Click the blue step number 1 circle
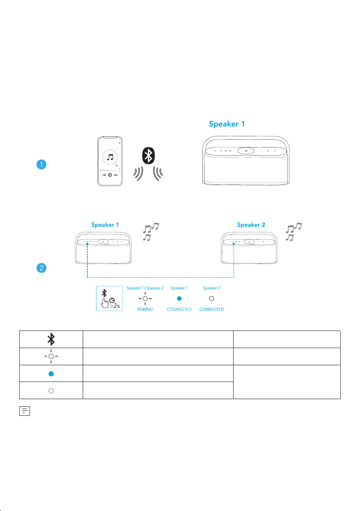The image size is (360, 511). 42,164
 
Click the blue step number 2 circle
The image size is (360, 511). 42,268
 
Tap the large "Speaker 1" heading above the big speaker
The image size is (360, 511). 227,124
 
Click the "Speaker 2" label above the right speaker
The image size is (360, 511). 251,225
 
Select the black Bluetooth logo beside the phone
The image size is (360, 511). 149,156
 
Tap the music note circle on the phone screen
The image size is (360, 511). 110,157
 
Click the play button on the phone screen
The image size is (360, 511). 110,175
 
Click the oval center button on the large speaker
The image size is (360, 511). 246,150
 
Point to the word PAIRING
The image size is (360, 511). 145,309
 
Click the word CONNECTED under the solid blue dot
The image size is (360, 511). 179,309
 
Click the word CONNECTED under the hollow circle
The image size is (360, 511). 211,309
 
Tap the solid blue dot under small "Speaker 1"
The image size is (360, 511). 179,298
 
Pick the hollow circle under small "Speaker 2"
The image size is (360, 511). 211,298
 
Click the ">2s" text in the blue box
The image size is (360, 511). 115,306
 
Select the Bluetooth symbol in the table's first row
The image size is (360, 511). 51,339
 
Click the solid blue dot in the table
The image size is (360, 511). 51,374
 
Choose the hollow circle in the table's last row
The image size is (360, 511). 51,391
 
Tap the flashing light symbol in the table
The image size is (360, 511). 51,356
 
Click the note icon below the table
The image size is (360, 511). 25,411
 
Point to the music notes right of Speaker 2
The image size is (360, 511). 294,232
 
